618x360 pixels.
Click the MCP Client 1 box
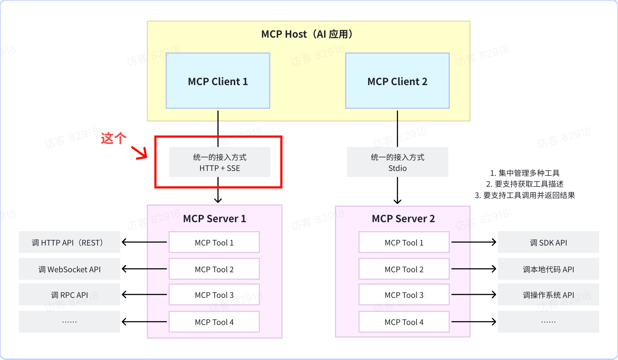click(218, 81)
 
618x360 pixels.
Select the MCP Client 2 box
click(397, 81)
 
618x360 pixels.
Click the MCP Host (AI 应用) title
click(307, 34)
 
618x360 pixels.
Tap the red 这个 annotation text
click(113, 138)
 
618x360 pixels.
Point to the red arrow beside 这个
click(139, 153)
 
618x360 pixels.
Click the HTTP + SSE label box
click(220, 162)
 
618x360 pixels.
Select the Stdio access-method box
click(397, 162)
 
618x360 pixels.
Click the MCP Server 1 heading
click(214, 219)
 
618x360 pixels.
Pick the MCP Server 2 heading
click(403, 219)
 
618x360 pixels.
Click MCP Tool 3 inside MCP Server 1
click(214, 295)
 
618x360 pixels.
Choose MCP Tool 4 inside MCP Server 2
click(404, 322)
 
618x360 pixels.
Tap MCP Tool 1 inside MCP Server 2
click(404, 243)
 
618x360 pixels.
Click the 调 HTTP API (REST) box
click(69, 243)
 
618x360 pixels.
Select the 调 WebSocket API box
click(69, 269)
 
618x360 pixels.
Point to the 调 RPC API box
click(69, 295)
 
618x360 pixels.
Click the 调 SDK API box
click(548, 243)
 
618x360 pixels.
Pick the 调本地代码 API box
click(548, 269)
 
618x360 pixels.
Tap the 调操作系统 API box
click(548, 295)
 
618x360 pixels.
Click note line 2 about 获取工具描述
click(525, 184)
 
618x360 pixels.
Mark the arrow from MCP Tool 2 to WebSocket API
click(144, 269)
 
